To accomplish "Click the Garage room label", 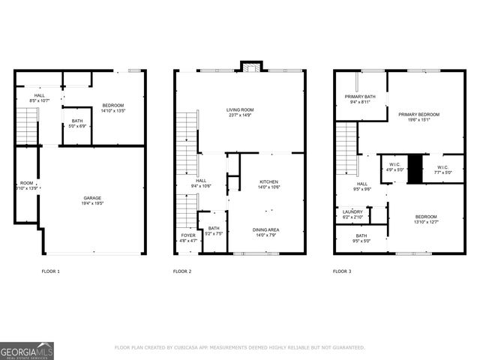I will click(92, 198).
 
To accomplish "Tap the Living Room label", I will click(239, 110).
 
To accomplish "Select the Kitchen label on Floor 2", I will click(269, 181).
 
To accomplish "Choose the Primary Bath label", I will click(360, 97).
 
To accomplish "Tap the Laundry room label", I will click(352, 212).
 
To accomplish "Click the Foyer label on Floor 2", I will click(187, 235).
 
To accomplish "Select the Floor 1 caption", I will click(50, 271).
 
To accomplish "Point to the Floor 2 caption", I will click(182, 271).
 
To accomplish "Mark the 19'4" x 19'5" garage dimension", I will click(92, 203).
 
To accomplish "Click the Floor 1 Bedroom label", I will click(114, 105).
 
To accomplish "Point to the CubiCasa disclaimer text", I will click(239, 347).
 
